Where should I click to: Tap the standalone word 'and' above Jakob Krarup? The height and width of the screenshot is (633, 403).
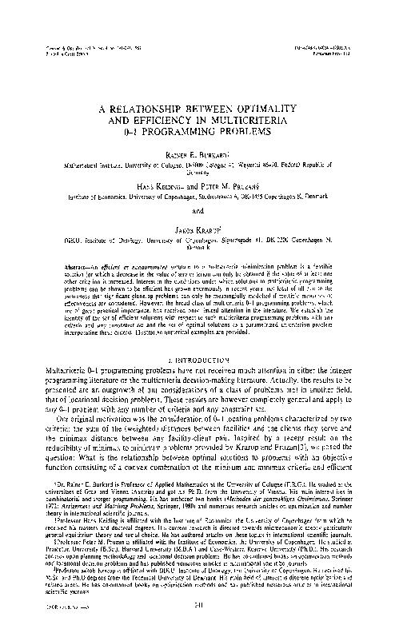pyautogui.click(x=201, y=211)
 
